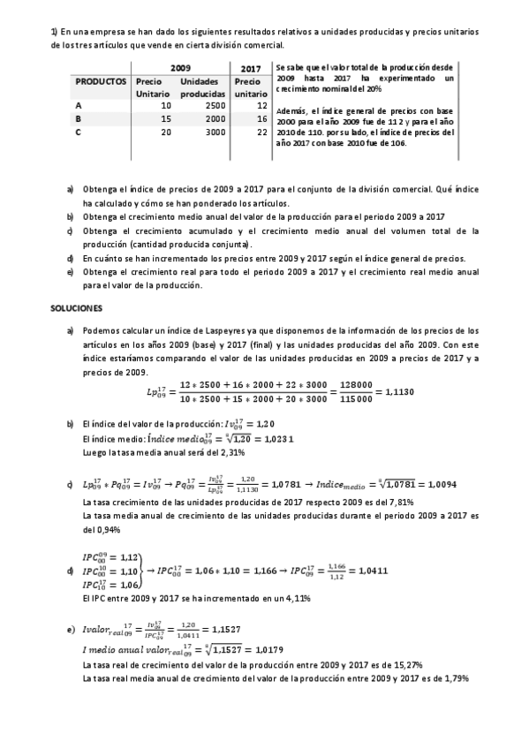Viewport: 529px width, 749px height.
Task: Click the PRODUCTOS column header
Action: point(101,80)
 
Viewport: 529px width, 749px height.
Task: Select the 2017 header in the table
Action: point(251,67)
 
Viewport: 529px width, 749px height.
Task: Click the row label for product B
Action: point(79,117)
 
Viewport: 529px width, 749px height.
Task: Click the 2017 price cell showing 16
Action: point(261,117)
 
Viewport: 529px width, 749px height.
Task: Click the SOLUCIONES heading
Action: point(78,308)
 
